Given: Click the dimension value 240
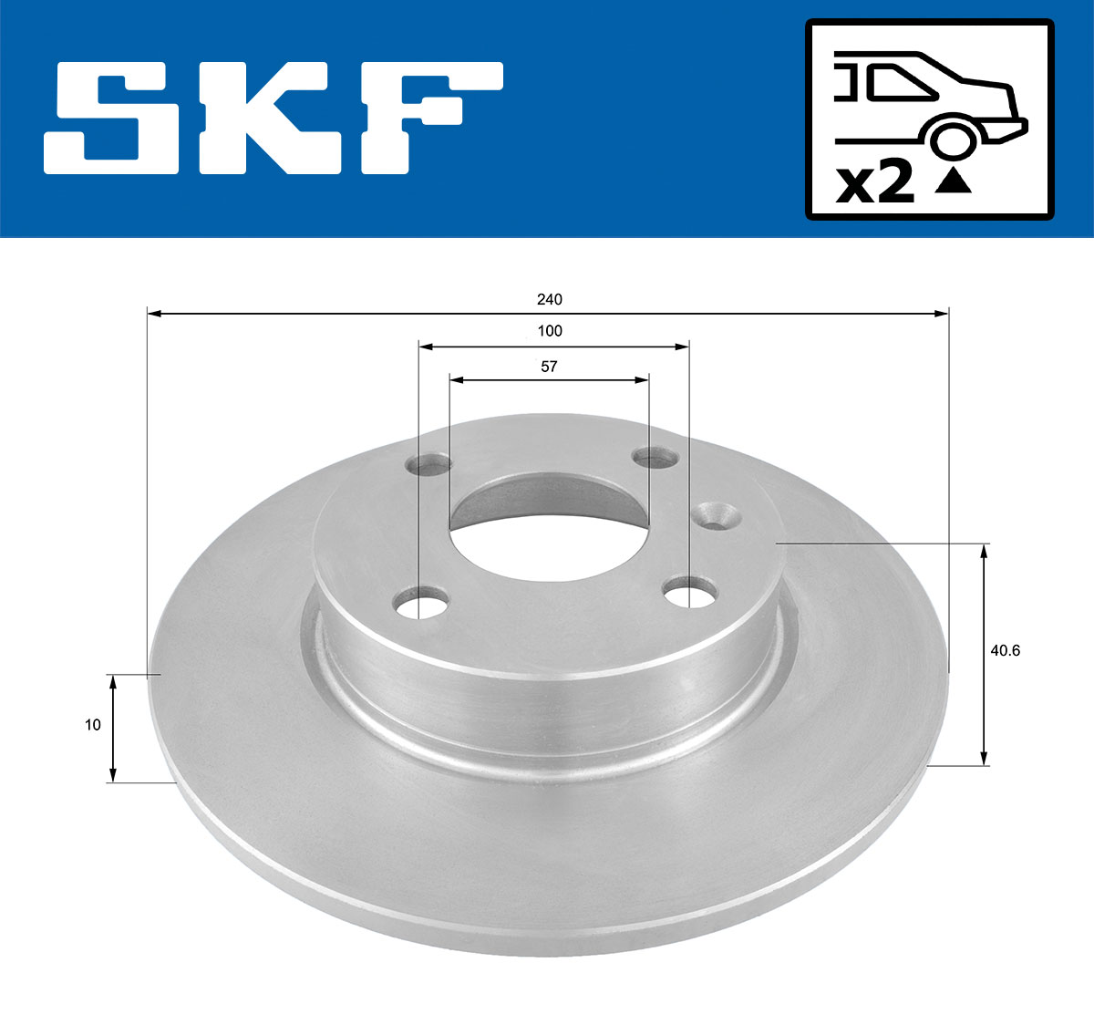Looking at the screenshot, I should pyautogui.click(x=549, y=299).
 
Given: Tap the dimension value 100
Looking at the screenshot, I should pyautogui.click(x=550, y=331).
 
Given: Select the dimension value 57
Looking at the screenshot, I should pyautogui.click(x=549, y=367).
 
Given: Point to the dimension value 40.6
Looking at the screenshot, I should pyautogui.click(x=1004, y=650).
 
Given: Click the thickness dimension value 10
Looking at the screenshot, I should pyautogui.click(x=92, y=725).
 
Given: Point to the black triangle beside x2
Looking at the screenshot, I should pyautogui.click(x=954, y=181).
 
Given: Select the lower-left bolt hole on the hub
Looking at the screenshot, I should pyautogui.click(x=421, y=603).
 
